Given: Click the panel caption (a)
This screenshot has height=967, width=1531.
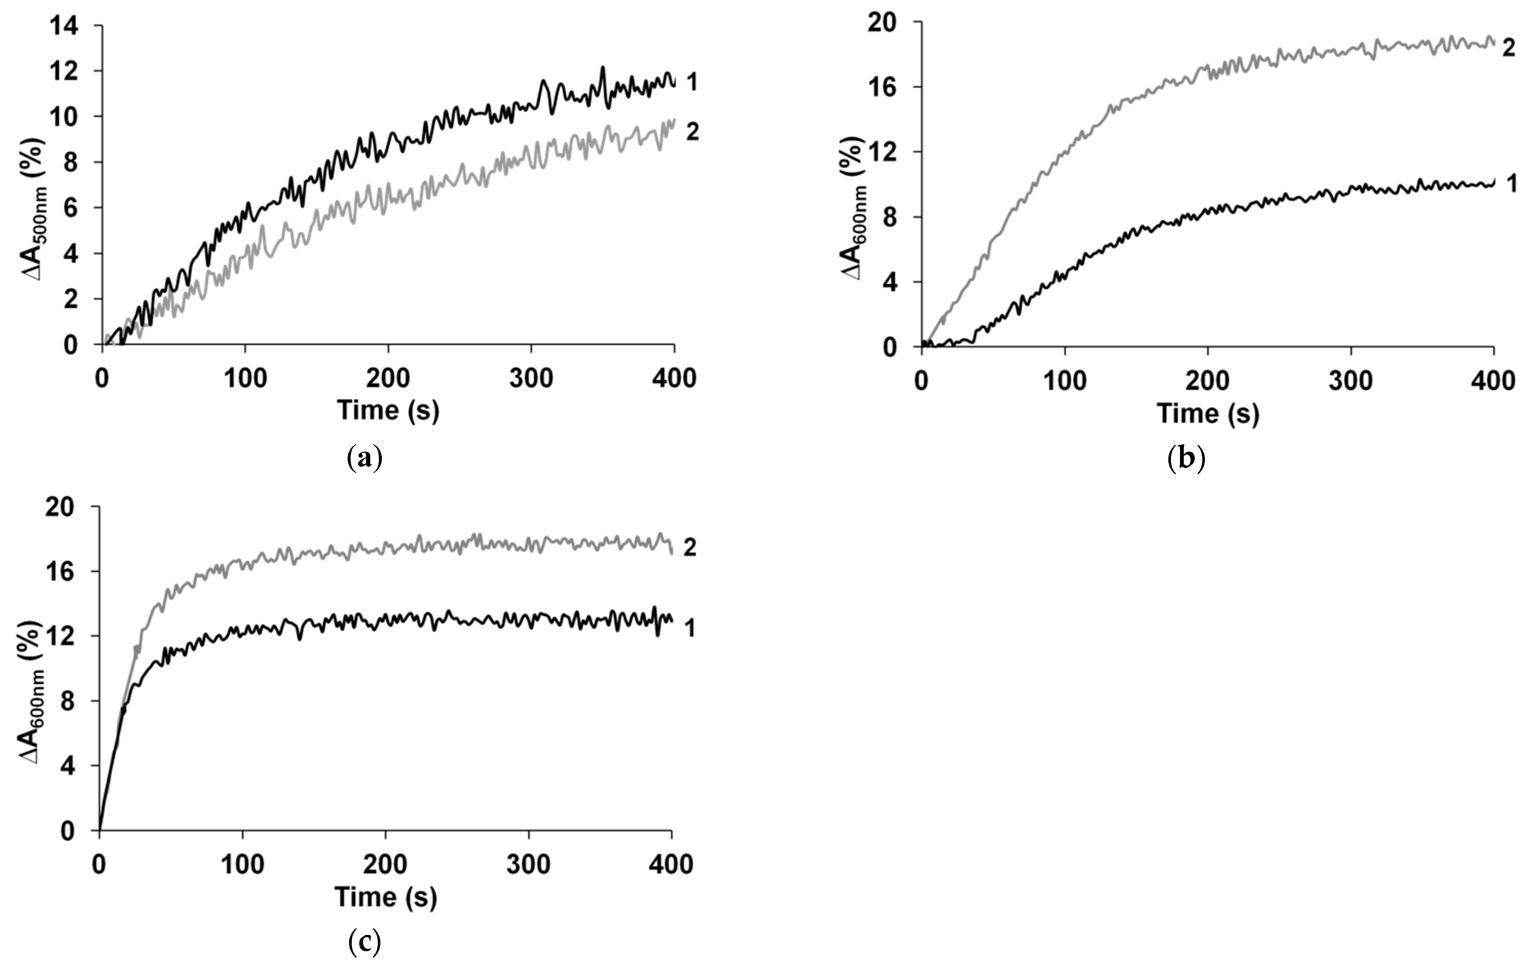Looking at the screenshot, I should [366, 457].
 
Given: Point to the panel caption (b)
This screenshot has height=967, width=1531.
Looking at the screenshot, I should [1186, 458].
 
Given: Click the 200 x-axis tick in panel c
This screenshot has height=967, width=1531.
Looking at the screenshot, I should [385, 864].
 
